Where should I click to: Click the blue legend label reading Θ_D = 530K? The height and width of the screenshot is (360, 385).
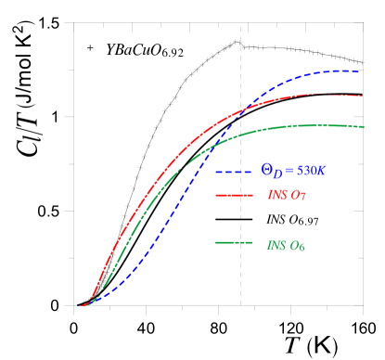pyautogui.click(x=292, y=171)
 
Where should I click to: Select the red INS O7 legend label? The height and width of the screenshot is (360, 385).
pyautogui.click(x=287, y=196)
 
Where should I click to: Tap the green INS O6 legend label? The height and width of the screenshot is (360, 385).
pyautogui.click(x=286, y=245)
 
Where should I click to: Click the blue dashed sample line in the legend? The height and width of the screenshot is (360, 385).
pyautogui.click(x=234, y=172)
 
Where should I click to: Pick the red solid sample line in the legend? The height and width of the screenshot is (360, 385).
pyautogui.click(x=234, y=196)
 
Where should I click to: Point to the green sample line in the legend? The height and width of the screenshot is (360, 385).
pyautogui.click(x=234, y=244)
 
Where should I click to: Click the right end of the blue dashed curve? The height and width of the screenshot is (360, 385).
pyautogui.click(x=361, y=71)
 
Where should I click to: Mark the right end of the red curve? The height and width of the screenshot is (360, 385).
pyautogui.click(x=362, y=96)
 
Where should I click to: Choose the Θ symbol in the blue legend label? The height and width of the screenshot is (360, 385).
pyautogui.click(x=266, y=171)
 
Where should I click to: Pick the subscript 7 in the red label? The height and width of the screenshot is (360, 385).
pyautogui.click(x=303, y=198)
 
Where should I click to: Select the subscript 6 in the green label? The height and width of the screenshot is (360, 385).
pyautogui.click(x=301, y=247)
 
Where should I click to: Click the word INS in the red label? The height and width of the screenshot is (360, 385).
pyautogui.click(x=276, y=196)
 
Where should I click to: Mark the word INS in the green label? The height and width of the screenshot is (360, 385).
pyautogui.click(x=276, y=245)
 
